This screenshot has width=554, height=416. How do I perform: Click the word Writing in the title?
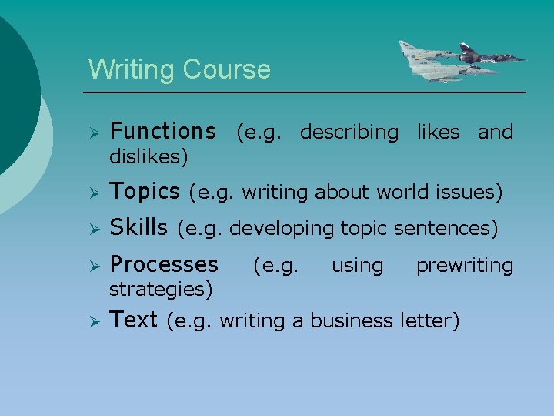pos(132,69)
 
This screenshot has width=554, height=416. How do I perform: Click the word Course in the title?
pos(226,69)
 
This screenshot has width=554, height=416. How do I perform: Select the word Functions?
pos(162,132)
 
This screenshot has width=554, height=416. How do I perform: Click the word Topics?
pos(145,190)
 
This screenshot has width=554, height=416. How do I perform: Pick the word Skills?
pos(138,228)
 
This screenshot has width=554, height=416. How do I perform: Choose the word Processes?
pos(164,265)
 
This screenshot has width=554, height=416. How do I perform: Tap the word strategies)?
pos(161,290)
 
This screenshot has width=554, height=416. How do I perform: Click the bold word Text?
pos(134,320)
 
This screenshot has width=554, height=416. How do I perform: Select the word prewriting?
pos(465,266)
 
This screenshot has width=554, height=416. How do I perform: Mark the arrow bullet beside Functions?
pos(93,133)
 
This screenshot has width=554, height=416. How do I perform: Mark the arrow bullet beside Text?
pos(93,320)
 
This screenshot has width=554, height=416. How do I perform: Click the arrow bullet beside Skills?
pos(93,229)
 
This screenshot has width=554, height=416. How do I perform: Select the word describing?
pos(349,133)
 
